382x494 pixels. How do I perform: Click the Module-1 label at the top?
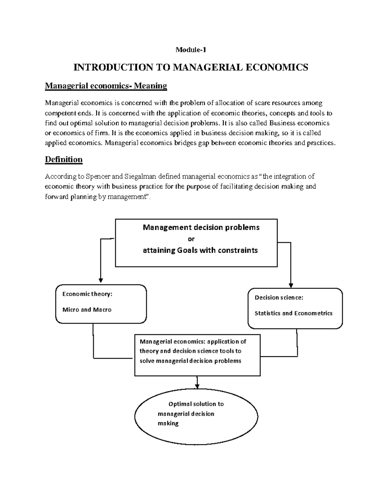(191, 50)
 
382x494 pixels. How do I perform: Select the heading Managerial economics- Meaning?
(106, 86)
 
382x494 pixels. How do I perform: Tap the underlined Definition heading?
(64, 159)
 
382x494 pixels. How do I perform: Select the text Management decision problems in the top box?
(201, 227)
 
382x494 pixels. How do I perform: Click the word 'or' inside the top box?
(191, 239)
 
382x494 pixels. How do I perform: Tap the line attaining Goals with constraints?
(200, 250)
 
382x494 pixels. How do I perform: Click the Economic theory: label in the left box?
(87, 294)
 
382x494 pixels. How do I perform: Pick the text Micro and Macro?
(87, 310)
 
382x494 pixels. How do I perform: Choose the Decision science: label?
(279, 298)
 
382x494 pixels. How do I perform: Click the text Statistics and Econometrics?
(293, 313)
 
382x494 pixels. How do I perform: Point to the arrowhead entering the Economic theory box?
(101, 280)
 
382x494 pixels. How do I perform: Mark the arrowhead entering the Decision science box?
(291, 285)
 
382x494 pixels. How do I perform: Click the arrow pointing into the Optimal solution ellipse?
(197, 386)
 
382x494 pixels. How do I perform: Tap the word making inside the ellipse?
(168, 423)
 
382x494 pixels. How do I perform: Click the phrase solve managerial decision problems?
(190, 361)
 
